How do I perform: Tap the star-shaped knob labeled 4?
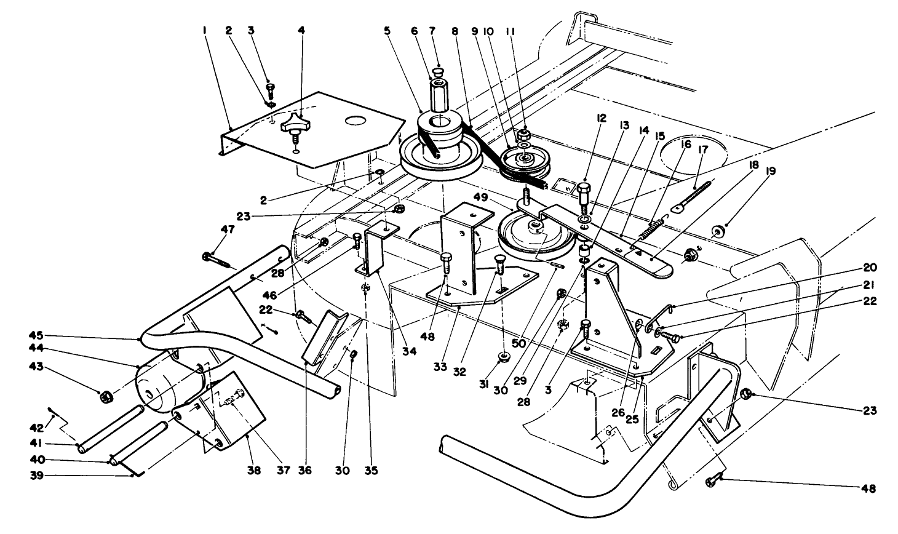293,124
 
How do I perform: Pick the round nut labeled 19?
717,232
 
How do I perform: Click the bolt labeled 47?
217,259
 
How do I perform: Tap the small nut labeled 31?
504,356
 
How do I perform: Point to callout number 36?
305,471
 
